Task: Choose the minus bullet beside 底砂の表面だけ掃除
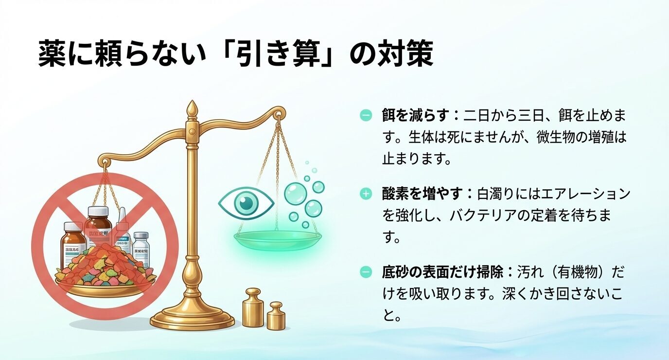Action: [x=366, y=272]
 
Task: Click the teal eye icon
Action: [x=246, y=202]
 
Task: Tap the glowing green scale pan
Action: [x=278, y=239]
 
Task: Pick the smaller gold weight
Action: [x=276, y=316]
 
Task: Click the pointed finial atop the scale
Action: [x=193, y=109]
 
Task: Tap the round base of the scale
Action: [x=193, y=319]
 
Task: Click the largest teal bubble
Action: [x=296, y=193]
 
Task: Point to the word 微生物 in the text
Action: [x=539, y=137]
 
